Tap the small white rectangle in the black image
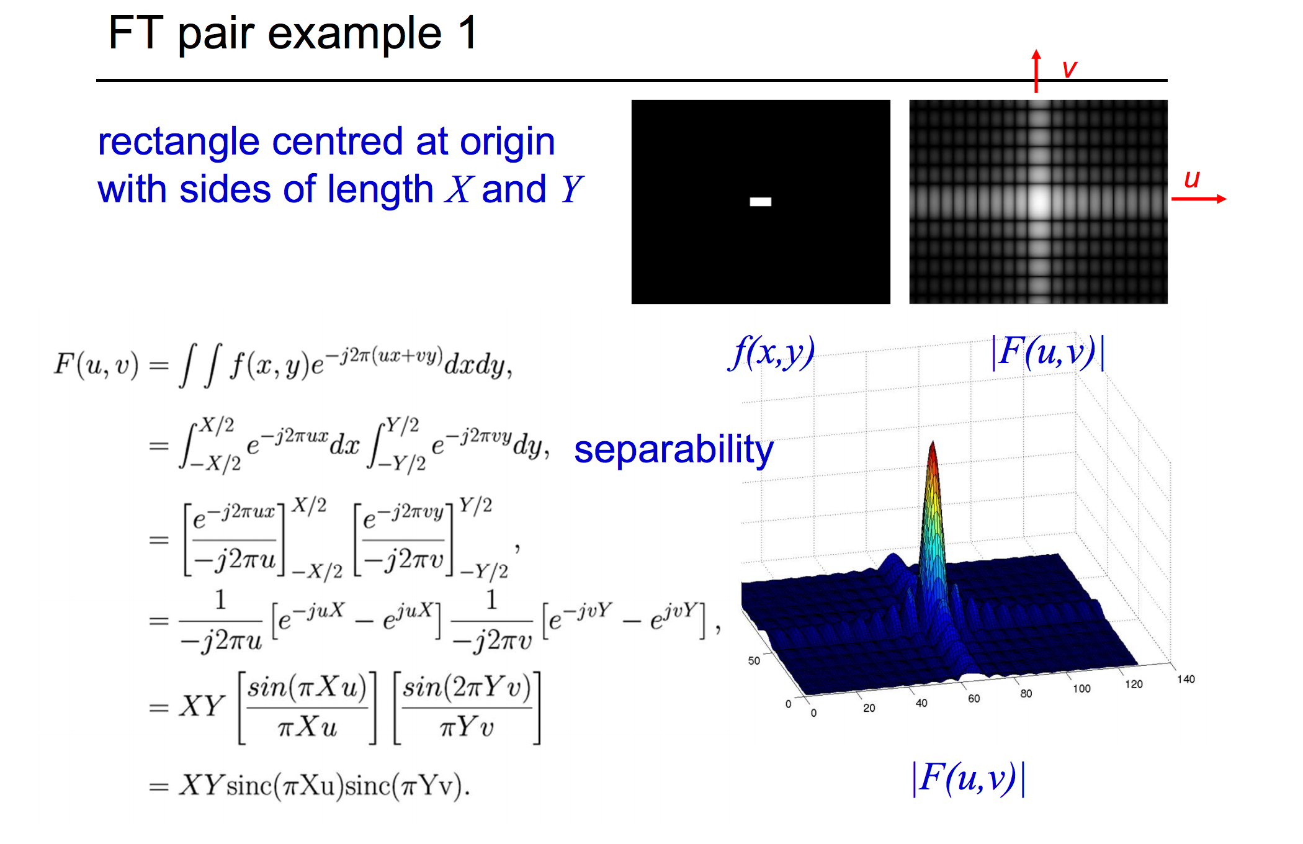pyautogui.click(x=760, y=202)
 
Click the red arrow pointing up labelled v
pyautogui.click(x=1036, y=71)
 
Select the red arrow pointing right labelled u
pyautogui.click(x=1199, y=199)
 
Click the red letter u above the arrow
pyautogui.click(x=1191, y=179)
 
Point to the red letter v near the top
pyautogui.click(x=1069, y=68)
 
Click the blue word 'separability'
pyautogui.click(x=673, y=449)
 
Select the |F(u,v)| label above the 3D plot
pyautogui.click(x=1048, y=352)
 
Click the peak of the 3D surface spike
pyautogui.click(x=932, y=444)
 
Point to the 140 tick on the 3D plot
pyautogui.click(x=1186, y=679)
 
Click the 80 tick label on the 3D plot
pyautogui.click(x=1026, y=693)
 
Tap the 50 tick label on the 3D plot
pyautogui.click(x=754, y=660)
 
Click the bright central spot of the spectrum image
pyautogui.click(x=1039, y=200)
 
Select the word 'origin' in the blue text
pyautogui.click(x=507, y=141)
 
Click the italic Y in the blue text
pyautogui.click(x=571, y=189)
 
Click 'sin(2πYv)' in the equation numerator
pyautogui.click(x=467, y=688)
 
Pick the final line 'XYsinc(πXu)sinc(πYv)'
pyautogui.click(x=323, y=786)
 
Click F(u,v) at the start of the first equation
pyautogui.click(x=96, y=364)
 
